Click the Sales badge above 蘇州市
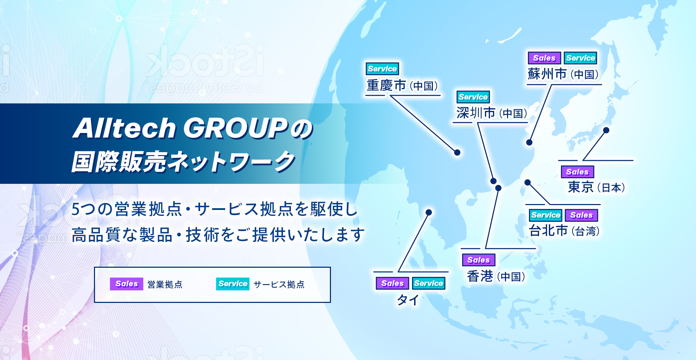[544, 58]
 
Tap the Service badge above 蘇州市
[580, 58]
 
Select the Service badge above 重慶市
[382, 69]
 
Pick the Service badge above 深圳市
[473, 97]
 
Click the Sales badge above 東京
[577, 172]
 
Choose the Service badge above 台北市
[546, 215]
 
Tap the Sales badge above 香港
[478, 260]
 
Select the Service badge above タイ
[428, 283]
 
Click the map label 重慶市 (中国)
[402, 85]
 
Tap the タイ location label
[408, 300]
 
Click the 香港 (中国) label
[496, 276]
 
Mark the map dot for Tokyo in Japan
[606, 130]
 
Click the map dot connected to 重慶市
[457, 152]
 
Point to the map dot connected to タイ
[429, 212]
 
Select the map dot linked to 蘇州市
[529, 142]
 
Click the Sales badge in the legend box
[127, 284]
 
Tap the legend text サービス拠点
[279, 284]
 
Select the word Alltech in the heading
[125, 128]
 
